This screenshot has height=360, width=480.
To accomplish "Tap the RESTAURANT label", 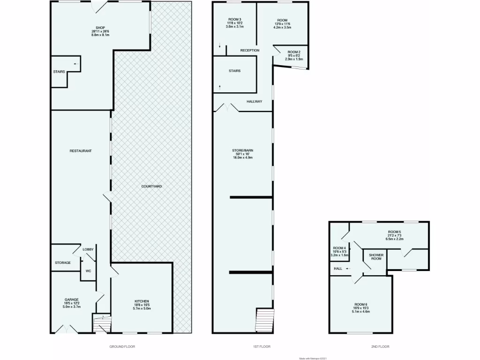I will point(80,151).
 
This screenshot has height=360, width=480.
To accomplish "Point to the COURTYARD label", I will point(152,187).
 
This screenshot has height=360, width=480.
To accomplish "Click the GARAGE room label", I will point(72,300).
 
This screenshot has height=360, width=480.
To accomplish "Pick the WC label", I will point(88,271).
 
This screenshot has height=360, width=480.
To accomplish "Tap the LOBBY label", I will point(88,249).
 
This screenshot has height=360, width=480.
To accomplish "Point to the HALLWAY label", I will point(254,102).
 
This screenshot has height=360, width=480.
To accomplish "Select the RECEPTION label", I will point(250,50).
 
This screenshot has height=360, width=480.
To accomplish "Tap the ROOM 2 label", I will point(294,52).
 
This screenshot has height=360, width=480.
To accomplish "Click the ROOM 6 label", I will point(361,308).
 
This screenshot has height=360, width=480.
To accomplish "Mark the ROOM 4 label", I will point(339,248).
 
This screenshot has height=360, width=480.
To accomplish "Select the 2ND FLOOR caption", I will point(380,347).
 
